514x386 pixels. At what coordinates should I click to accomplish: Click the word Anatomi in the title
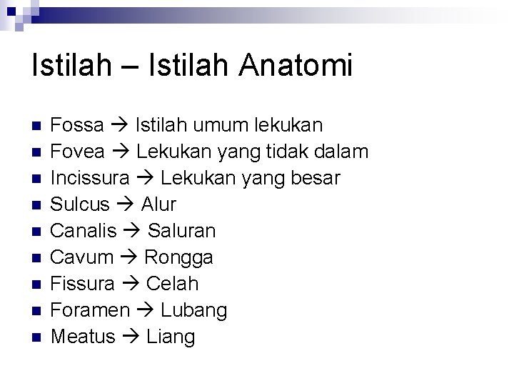point(296,66)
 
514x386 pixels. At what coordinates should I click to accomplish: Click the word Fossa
point(78,126)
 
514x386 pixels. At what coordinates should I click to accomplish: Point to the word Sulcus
point(81,204)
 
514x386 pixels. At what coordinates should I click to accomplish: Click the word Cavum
point(83,257)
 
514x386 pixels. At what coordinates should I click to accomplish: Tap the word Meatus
point(84,336)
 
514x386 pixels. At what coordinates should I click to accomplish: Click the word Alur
point(158,204)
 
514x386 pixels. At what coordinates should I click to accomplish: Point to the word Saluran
point(181,231)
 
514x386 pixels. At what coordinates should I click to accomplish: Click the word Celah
point(172,284)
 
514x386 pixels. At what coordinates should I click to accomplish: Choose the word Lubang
point(193,311)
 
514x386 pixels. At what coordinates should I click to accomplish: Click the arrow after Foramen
point(145,310)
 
